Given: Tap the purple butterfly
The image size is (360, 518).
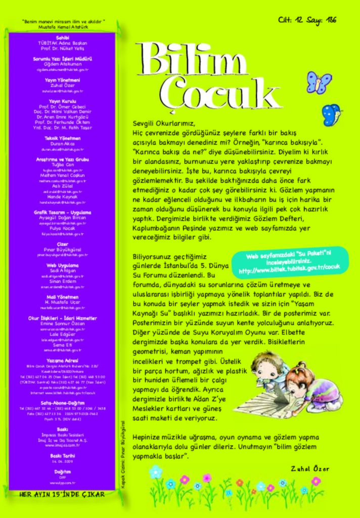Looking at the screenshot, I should tap(319, 82).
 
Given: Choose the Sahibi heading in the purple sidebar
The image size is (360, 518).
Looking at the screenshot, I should tap(62, 37).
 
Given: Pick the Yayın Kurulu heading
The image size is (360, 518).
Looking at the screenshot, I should tap(62, 101).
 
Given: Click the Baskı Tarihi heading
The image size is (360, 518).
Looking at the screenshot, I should tap(62, 455).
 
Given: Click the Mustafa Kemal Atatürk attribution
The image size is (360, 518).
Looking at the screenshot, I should tap(63, 27).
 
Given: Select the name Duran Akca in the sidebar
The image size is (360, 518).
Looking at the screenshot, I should tap(62, 144).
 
